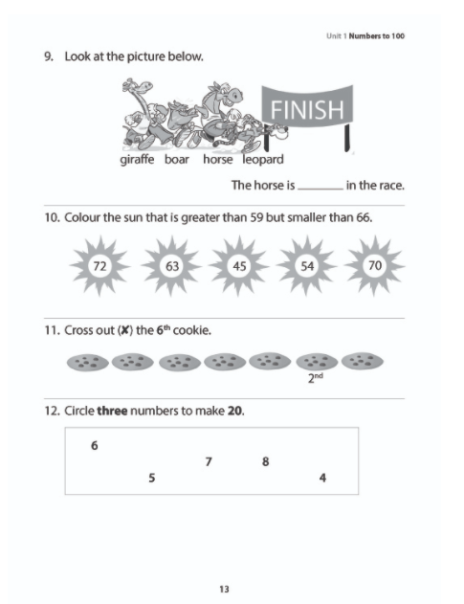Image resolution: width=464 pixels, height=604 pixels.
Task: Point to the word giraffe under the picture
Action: [139, 160]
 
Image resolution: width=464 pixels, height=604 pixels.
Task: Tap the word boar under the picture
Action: [177, 160]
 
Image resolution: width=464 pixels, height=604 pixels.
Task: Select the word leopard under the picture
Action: [262, 160]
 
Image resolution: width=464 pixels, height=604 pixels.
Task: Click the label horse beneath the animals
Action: [217, 160]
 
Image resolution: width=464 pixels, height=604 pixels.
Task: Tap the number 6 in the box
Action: [94, 445]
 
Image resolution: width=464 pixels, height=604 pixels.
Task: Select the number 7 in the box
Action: [208, 462]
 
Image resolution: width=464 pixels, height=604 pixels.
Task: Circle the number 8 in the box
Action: [265, 462]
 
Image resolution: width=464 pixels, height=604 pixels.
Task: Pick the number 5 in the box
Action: [152, 479]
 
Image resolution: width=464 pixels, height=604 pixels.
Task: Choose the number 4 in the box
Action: [322, 479]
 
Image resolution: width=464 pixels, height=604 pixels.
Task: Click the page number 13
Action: [224, 588]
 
